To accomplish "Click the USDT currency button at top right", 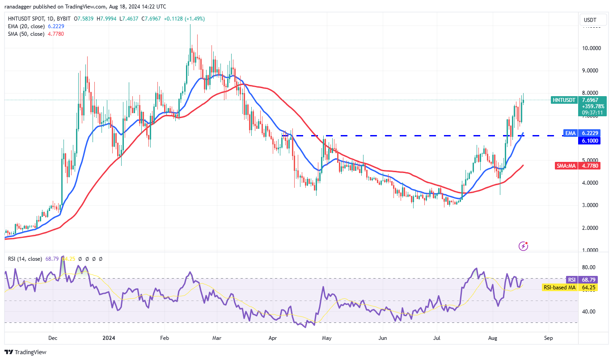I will click(x=590, y=20).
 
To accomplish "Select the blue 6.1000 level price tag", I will click(x=590, y=141).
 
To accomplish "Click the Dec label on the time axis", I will click(x=52, y=338).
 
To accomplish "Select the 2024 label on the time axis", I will click(x=109, y=338).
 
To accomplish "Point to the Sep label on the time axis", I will click(x=549, y=338).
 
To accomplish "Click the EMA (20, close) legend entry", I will click(x=25, y=26).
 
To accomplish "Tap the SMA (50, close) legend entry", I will click(x=25, y=34).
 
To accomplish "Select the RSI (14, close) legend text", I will click(x=24, y=259).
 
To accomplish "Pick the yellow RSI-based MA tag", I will click(x=559, y=288).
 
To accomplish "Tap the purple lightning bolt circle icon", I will click(x=524, y=246).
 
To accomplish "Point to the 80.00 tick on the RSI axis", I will click(x=588, y=267).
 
